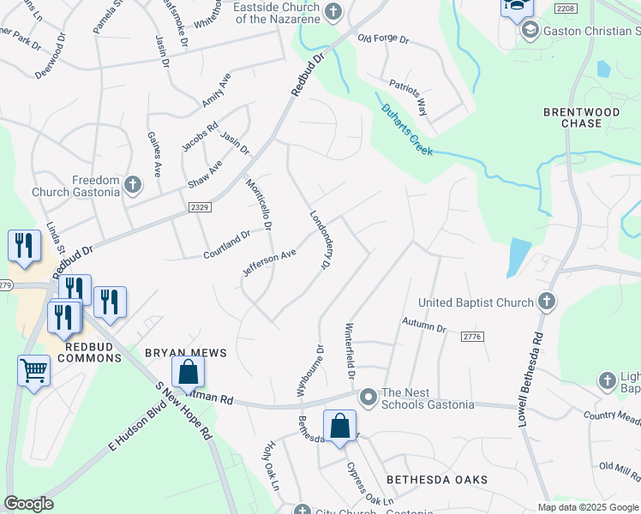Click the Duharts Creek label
point(407,129)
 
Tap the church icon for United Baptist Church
point(546,302)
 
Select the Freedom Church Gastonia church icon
point(132,185)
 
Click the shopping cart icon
point(33,371)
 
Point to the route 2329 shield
point(200,207)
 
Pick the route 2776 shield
point(472,338)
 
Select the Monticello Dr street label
point(258,205)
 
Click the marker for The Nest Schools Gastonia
point(368,397)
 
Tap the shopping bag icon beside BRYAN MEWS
point(188,372)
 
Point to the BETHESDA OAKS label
point(436,480)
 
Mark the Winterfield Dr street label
point(350,351)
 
